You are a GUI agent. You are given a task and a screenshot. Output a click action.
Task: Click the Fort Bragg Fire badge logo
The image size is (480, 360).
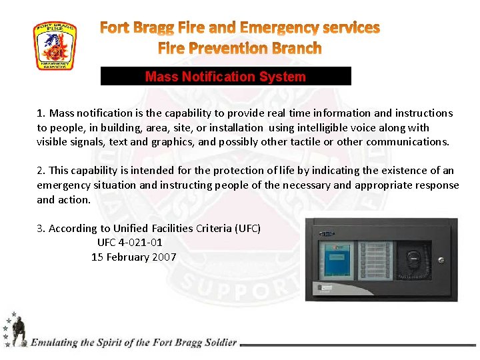pos(55,46)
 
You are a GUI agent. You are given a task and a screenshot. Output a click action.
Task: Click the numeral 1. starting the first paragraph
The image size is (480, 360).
pos(41,113)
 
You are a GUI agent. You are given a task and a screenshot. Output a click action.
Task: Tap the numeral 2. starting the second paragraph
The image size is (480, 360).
pos(41,171)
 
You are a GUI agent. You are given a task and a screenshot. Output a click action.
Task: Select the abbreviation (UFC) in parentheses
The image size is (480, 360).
pos(247,229)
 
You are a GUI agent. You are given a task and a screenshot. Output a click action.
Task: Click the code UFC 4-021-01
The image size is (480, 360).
pos(129,243)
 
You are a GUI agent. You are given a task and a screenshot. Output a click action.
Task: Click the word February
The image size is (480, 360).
pos(123,257)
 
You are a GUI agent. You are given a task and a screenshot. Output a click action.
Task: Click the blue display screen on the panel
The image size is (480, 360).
pos(337,259)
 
